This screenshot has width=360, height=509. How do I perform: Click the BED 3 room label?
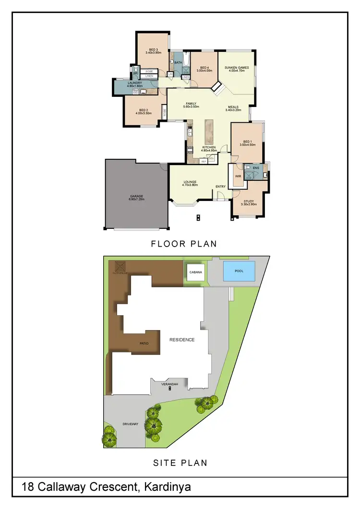153,49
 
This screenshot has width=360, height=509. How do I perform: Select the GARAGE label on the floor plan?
137,196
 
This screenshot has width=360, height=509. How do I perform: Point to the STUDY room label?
249,201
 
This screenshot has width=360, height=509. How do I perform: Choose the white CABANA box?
196,272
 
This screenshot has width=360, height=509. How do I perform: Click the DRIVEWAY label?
131,424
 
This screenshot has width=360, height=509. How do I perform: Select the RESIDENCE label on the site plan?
182,340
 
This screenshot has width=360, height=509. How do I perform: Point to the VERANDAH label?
169,385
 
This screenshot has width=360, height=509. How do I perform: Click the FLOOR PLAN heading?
184,244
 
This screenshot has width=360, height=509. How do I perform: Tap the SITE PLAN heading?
180,463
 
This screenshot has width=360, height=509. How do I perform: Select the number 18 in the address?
28,487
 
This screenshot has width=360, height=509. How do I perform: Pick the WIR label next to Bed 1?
237,177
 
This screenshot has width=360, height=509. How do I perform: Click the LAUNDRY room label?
134,83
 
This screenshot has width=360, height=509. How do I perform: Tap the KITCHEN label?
208,147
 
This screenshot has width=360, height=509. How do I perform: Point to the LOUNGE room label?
190,181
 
